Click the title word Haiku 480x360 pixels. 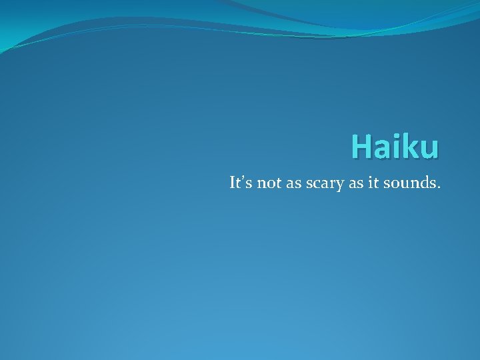395,147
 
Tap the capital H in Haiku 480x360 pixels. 362,147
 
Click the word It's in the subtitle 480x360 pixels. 241,183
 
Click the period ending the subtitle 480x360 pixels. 439,188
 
